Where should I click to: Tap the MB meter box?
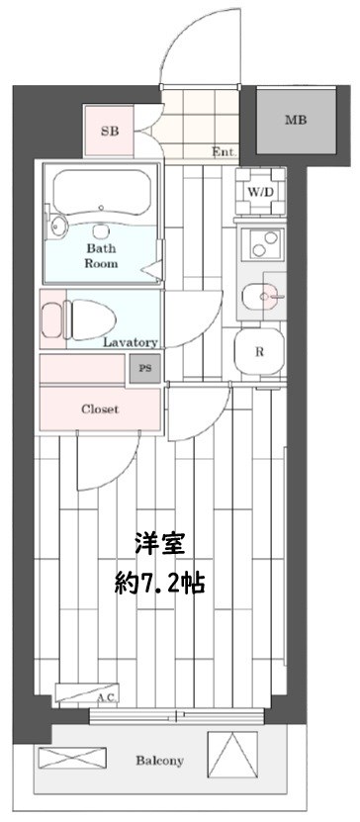[295, 121]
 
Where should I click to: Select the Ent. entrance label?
[223, 152]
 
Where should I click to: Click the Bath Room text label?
[101, 256]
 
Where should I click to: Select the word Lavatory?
[132, 342]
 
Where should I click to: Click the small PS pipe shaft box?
[145, 369]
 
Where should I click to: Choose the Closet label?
[99, 409]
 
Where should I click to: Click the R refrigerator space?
[259, 351]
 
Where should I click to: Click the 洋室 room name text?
[159, 543]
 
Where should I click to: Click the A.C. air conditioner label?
[107, 698]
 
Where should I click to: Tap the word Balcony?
[159, 762]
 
